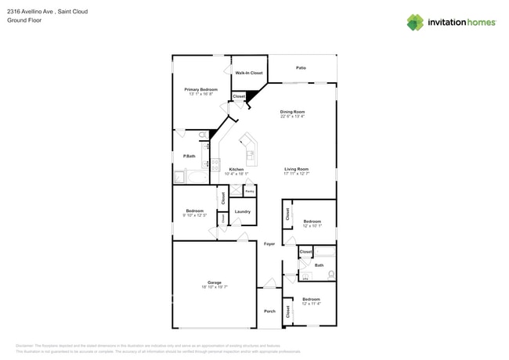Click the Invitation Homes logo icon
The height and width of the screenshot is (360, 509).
point(415,22)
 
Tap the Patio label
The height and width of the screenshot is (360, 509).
point(301,68)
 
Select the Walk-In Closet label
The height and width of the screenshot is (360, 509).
point(249,73)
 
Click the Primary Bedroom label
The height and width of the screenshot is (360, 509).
point(200,89)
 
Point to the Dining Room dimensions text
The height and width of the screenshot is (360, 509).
point(292,117)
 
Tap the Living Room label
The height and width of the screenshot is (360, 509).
point(296,169)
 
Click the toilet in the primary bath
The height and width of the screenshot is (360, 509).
point(203,135)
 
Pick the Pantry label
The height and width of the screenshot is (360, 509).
point(250,191)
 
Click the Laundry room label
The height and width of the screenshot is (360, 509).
point(242,211)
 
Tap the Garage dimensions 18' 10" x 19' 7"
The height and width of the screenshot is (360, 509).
point(214,287)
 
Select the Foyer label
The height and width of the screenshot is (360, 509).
point(269,244)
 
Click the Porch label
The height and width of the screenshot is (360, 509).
point(269,311)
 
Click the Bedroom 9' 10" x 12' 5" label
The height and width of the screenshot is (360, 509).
point(195,214)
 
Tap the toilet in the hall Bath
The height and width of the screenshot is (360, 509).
point(331,275)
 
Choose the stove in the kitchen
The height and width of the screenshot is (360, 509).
point(207,164)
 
